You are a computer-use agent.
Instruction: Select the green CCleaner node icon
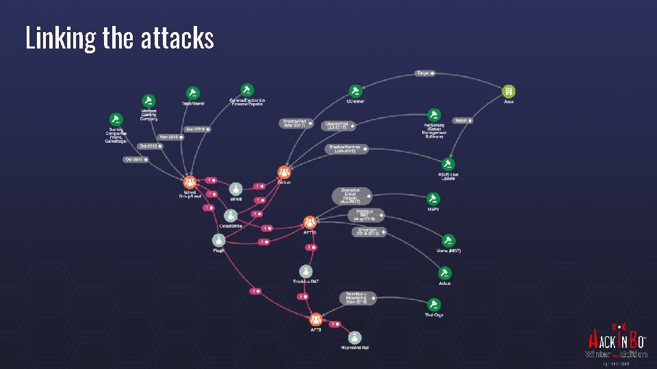point(355,91)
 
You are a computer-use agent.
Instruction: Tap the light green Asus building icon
point(508,91)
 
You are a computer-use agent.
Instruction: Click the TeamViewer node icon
point(192,92)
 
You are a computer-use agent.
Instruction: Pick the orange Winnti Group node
point(190,182)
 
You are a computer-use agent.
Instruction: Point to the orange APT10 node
point(309,222)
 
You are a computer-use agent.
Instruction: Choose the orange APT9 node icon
point(315,319)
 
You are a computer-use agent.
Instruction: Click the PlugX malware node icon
point(218,240)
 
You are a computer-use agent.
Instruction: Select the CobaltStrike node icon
point(231,215)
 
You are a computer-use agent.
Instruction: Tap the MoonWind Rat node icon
point(355,338)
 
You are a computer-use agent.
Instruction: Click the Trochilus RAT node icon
point(305,271)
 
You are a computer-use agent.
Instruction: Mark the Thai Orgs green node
point(433,304)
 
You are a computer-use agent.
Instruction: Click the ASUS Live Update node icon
point(448,164)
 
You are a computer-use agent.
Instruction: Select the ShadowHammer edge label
point(348,149)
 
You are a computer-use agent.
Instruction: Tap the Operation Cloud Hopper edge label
point(352,196)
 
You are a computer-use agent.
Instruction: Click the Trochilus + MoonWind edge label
point(357,298)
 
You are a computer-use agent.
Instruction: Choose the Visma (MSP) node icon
point(448,241)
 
